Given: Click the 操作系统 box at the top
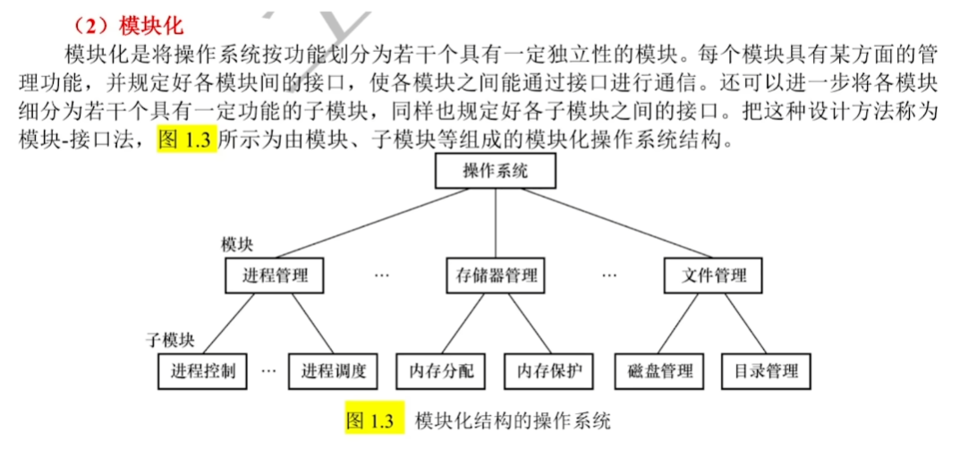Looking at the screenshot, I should (495, 171).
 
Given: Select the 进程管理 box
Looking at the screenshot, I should (274, 275).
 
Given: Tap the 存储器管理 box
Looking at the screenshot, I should (493, 275).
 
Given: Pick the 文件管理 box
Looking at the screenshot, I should (713, 275).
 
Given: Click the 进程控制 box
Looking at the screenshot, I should (203, 371).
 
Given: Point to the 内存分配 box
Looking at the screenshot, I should (441, 371).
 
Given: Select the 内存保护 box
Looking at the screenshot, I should (548, 371).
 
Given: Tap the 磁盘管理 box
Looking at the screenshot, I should (660, 371).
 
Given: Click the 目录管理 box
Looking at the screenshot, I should (765, 371).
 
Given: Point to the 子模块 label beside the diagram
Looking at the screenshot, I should (171, 340).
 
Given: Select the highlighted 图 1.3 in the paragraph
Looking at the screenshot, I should (187, 140).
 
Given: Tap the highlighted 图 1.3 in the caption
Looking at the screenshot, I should (370, 420).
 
